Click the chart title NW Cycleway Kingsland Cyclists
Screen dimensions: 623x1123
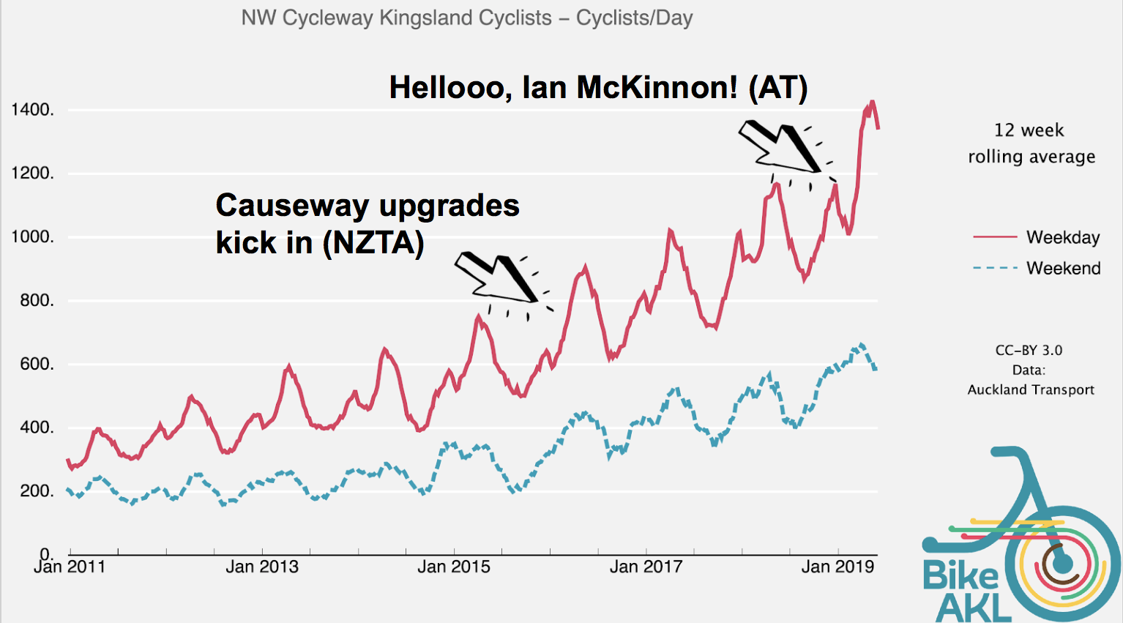pos(466,18)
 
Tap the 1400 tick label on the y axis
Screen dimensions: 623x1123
pos(32,110)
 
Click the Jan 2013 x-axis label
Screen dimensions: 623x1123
pos(261,567)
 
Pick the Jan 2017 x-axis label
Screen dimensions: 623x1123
pos(646,567)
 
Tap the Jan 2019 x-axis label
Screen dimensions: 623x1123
pos(837,567)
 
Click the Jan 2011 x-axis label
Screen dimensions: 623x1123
pos(70,567)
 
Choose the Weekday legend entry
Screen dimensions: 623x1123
pos(1062,237)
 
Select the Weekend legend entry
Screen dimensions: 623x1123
pos(1063,268)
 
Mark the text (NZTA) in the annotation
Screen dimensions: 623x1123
pos(373,243)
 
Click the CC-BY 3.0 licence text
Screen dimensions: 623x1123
pos(1029,350)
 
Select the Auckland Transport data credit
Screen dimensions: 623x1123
pos(1031,389)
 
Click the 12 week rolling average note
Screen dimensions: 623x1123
pos(1031,143)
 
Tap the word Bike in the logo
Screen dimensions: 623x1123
pos(960,575)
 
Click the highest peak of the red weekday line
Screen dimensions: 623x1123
pos(872,102)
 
